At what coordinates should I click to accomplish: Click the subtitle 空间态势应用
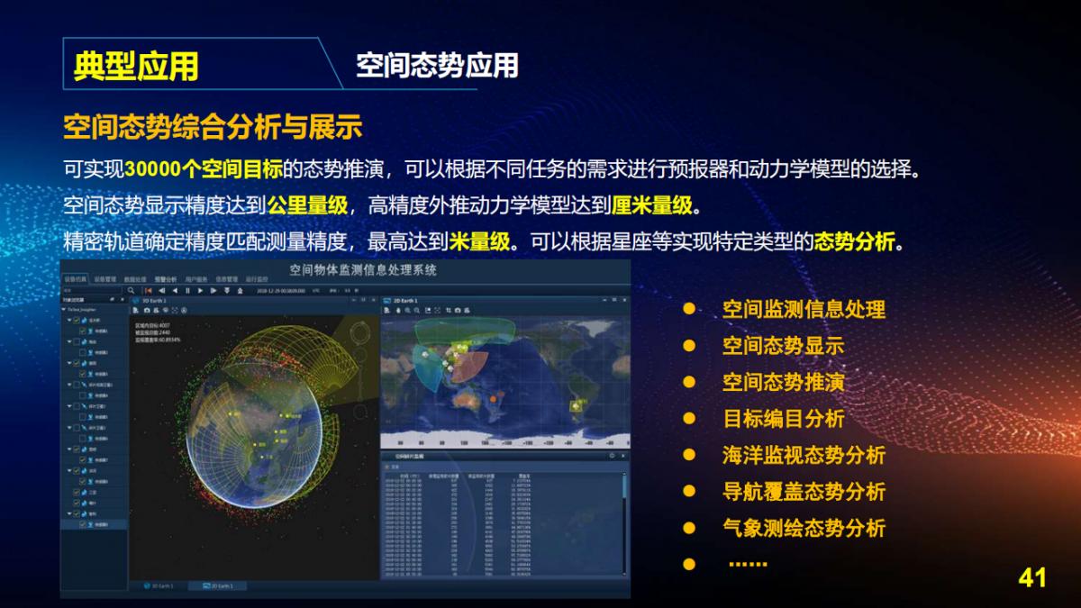(x=437, y=65)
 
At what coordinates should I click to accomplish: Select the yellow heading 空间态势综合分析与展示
(x=213, y=126)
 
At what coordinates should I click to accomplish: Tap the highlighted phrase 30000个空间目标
(x=204, y=169)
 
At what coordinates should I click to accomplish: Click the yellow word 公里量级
(x=307, y=205)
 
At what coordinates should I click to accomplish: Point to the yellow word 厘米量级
(x=652, y=205)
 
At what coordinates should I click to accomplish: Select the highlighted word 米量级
(x=483, y=241)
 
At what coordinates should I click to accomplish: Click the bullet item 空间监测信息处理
(x=804, y=309)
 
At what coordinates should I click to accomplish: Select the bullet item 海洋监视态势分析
(x=804, y=455)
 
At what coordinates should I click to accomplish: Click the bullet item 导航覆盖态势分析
(x=804, y=492)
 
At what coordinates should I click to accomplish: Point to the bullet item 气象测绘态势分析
(x=804, y=528)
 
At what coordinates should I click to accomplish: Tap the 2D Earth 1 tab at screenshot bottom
(x=221, y=586)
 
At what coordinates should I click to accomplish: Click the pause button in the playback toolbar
(x=187, y=291)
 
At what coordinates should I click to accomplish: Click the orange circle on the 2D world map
(x=493, y=397)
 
